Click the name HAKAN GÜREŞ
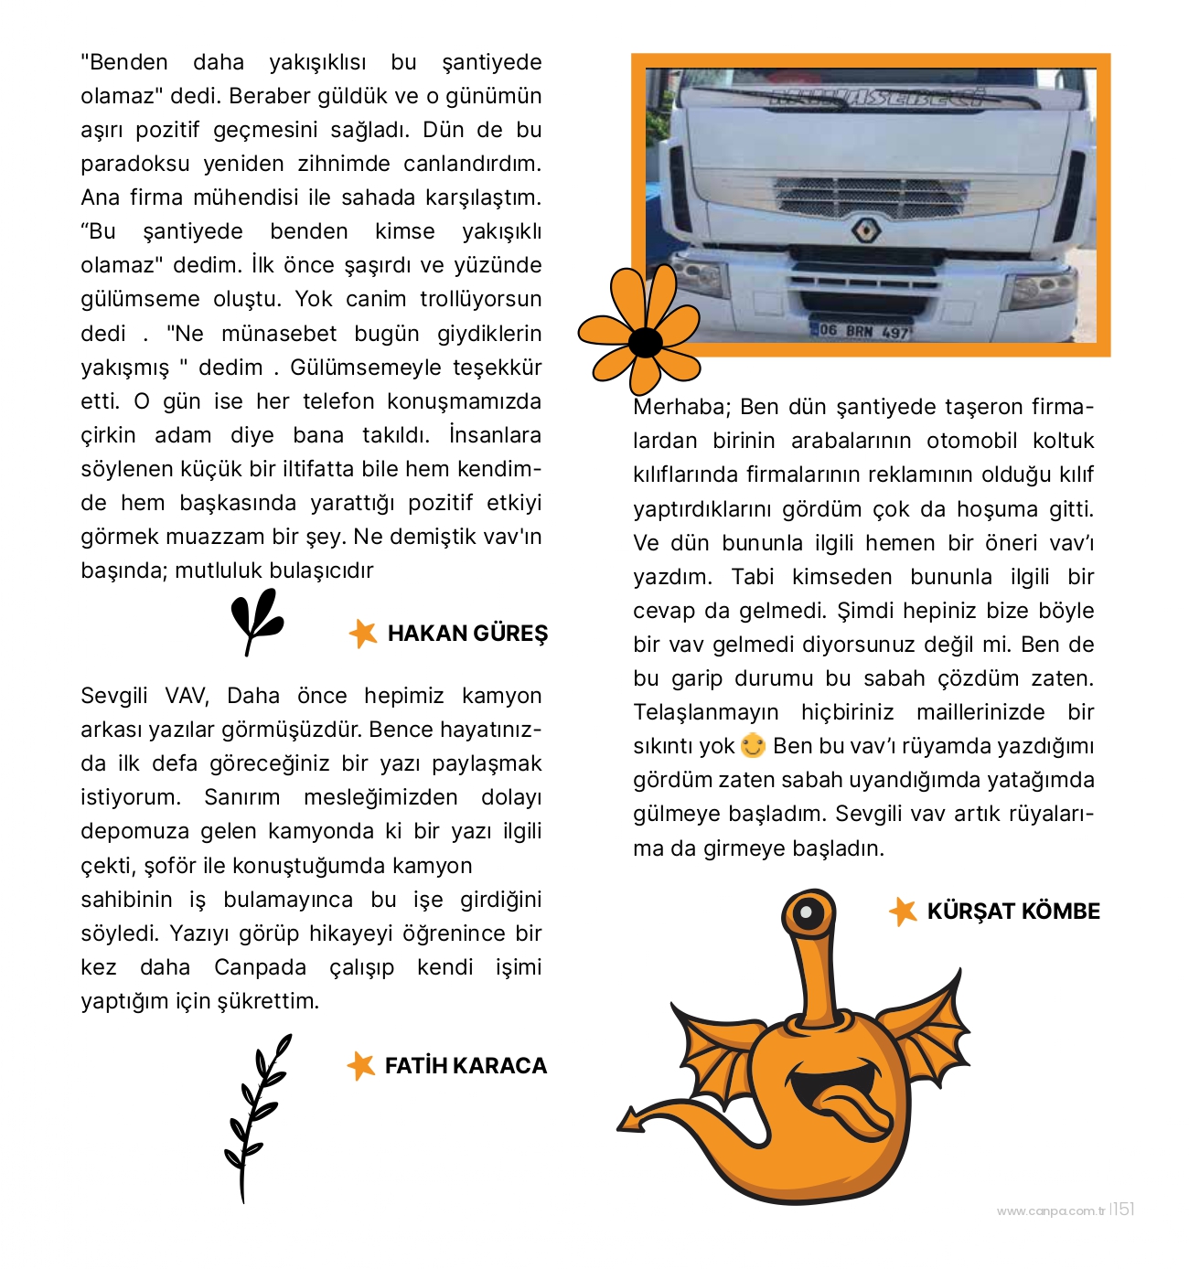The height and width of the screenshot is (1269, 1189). tap(467, 634)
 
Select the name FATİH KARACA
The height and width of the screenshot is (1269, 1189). tap(466, 1066)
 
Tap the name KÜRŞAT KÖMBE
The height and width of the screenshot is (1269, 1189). tap(1013, 912)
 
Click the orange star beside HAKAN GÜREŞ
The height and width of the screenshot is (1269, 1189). tap(363, 633)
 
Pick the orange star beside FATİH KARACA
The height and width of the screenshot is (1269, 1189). tap(361, 1065)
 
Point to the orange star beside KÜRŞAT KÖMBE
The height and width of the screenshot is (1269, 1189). tap(903, 911)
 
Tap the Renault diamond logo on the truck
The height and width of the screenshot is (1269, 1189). tap(865, 229)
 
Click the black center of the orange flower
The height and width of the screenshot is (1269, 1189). tap(646, 342)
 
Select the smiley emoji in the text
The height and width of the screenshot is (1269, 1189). tap(753, 746)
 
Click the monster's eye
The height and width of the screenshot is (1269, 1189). tap(807, 912)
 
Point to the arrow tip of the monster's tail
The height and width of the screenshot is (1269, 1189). tap(628, 1121)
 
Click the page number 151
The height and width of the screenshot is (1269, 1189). tap(1124, 1209)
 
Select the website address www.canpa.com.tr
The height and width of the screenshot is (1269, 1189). tap(1051, 1211)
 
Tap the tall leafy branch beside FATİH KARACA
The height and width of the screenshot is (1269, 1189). tap(257, 1115)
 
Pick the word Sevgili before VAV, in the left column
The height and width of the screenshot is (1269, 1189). tap(113, 696)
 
